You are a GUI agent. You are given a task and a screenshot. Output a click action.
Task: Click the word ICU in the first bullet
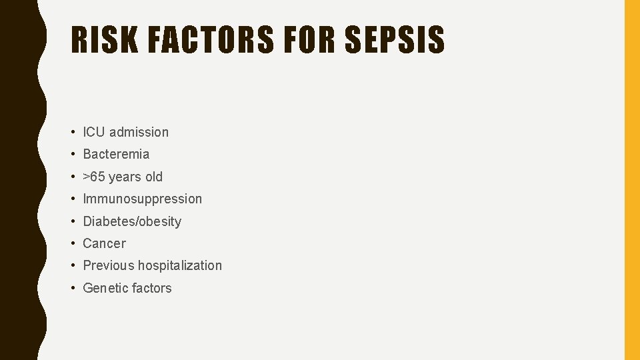[x=94, y=132]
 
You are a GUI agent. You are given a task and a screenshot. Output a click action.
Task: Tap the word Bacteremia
[x=116, y=154]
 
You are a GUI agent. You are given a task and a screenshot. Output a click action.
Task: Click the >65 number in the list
[x=94, y=177]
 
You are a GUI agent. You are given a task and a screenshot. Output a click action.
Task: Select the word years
[x=125, y=177]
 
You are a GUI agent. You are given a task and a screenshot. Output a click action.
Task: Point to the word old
[x=153, y=177]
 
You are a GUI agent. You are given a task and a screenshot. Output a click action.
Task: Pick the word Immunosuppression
[x=142, y=199]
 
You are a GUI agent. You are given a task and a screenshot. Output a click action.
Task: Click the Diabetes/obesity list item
[x=132, y=221]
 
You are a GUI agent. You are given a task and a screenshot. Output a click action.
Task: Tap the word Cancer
[x=104, y=243]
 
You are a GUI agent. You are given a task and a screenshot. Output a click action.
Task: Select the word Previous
[x=108, y=265]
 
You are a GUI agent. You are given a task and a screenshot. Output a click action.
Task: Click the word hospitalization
[x=180, y=265]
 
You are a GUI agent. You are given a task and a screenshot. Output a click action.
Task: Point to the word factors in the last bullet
[x=151, y=288]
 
